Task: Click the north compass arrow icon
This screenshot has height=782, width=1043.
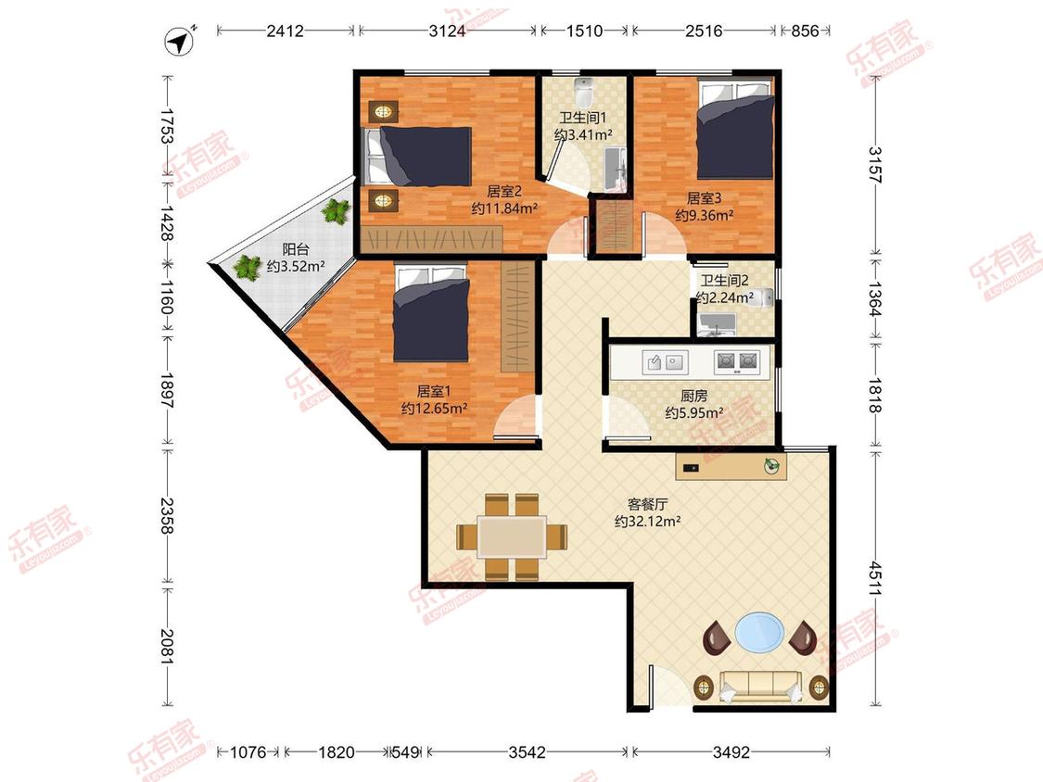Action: (x=178, y=42)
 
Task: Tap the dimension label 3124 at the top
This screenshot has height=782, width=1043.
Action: (x=447, y=31)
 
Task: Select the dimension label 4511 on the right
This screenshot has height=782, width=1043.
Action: (x=876, y=578)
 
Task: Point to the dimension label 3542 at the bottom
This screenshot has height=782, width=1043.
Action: (x=527, y=752)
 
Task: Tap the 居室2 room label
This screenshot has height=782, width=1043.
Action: (x=504, y=192)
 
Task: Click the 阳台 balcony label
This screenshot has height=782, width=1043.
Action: (x=296, y=249)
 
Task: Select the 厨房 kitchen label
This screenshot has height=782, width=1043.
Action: (x=693, y=397)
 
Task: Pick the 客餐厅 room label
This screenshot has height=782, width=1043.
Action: (x=647, y=505)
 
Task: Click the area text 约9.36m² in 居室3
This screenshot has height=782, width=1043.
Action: (x=705, y=215)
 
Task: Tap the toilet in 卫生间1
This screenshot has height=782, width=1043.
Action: (x=583, y=93)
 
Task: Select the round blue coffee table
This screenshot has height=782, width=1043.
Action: (x=759, y=633)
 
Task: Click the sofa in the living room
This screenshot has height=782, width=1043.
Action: (x=759, y=687)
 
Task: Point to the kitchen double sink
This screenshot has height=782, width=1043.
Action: (x=665, y=362)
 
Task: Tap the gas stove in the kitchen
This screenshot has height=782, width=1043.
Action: (x=736, y=361)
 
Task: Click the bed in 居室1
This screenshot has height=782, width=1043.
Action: (x=431, y=312)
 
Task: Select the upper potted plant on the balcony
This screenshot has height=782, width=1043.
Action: (x=335, y=211)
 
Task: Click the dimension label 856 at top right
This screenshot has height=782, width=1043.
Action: (x=805, y=31)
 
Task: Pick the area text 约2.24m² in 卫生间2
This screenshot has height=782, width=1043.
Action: (x=724, y=297)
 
